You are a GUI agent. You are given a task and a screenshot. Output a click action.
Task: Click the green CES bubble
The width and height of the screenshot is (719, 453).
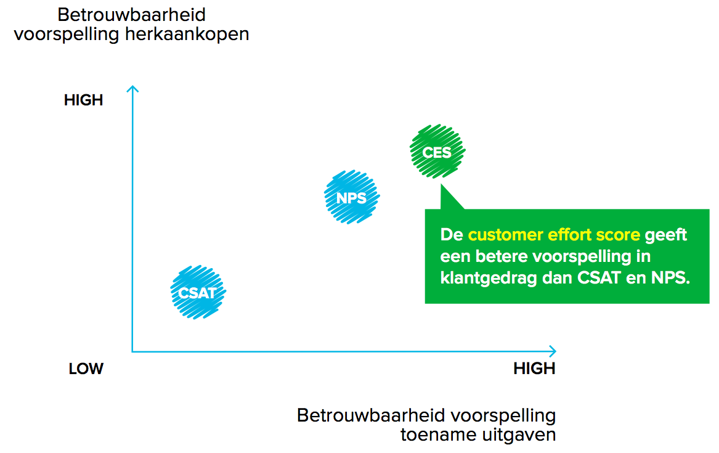coord(437,152)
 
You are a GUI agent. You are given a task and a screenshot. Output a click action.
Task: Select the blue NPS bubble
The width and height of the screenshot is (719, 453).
coord(352,197)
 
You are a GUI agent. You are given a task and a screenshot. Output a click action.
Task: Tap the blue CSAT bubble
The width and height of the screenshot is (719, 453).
coord(198,292)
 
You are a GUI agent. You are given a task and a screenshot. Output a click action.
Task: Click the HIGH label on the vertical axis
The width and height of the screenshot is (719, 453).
coord(83,100)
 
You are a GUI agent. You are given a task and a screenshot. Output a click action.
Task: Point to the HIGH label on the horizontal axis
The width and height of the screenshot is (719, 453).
coord(534,369)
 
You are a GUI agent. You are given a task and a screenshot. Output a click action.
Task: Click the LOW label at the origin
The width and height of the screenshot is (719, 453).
coord(86,369)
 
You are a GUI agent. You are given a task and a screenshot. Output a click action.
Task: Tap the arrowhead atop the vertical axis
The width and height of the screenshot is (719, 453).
coord(131,89)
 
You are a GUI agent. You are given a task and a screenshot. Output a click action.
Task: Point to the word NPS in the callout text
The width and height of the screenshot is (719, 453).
coord(670,277)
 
